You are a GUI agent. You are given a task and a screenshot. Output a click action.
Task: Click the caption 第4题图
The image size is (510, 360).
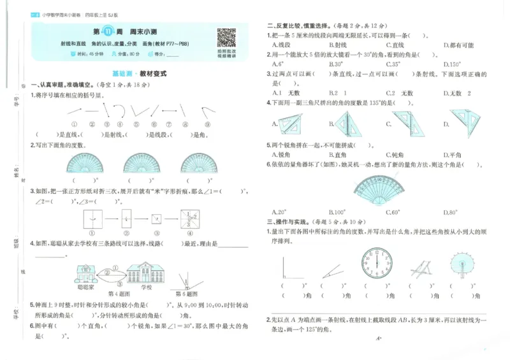pyautogui.click(x=120, y=294)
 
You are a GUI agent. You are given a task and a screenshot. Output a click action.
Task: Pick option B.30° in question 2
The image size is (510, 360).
pyautogui.click(x=336, y=64)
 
